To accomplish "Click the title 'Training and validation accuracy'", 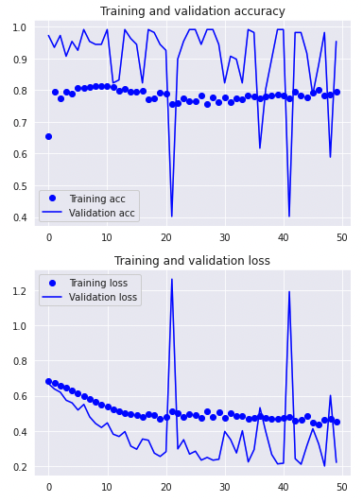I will pyautogui.click(x=192, y=11).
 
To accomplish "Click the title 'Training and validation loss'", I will pyautogui.click(x=192, y=261).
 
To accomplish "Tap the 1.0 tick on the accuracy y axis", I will pyautogui.click(x=19, y=27).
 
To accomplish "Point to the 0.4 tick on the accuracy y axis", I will pyautogui.click(x=19, y=217).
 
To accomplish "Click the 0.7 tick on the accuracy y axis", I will pyautogui.click(x=19, y=123).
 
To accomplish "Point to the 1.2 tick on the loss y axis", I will pyautogui.click(x=19, y=291).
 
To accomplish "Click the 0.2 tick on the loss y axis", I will pyautogui.click(x=19, y=467).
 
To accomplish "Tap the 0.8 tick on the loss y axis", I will pyautogui.click(x=19, y=361).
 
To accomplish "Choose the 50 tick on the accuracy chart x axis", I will pyautogui.click(x=342, y=236).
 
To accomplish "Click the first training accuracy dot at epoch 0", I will pyautogui.click(x=49, y=136).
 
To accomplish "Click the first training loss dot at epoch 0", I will pyautogui.click(x=49, y=381).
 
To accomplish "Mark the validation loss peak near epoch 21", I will pyautogui.click(x=172, y=279).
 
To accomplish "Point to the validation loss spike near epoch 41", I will pyautogui.click(x=289, y=292).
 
